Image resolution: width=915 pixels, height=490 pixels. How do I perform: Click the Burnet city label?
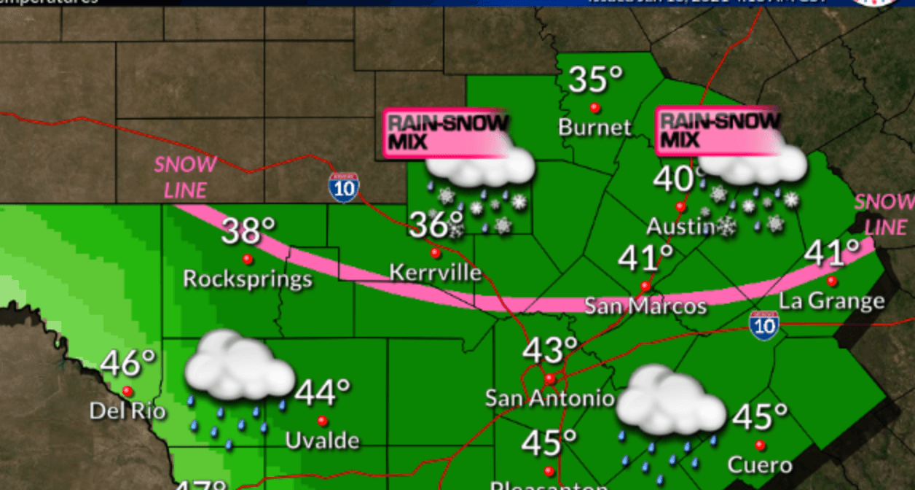click(594, 128)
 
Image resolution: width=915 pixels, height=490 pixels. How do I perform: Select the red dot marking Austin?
click(680, 206)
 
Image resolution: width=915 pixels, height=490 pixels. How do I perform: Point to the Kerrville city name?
click(436, 273)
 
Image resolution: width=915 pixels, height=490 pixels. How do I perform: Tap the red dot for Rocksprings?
click(248, 259)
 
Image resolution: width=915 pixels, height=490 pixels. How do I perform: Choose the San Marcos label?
click(645, 306)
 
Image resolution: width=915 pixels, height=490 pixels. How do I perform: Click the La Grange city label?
click(832, 300)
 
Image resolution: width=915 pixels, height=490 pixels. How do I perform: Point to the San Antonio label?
click(550, 398)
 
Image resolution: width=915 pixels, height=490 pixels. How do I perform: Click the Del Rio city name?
click(127, 411)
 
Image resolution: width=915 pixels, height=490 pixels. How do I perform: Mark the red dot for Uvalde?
click(322, 421)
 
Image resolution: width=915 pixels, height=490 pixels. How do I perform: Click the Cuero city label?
click(760, 464)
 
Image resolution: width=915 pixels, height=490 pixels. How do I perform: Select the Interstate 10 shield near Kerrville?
click(342, 187)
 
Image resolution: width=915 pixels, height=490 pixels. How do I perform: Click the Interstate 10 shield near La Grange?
click(764, 323)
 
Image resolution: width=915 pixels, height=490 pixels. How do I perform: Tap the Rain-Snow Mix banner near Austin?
click(718, 130)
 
